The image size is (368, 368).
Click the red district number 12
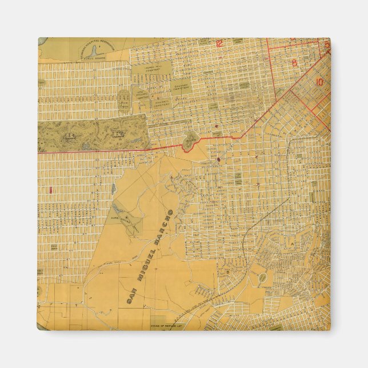tap(219, 43)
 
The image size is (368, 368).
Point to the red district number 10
tap(319, 82)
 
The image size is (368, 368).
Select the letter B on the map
tap(227, 271)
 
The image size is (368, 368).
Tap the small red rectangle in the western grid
tap(51, 188)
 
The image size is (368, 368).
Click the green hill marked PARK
tap(191, 139)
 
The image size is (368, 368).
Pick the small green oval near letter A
tap(263, 278)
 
